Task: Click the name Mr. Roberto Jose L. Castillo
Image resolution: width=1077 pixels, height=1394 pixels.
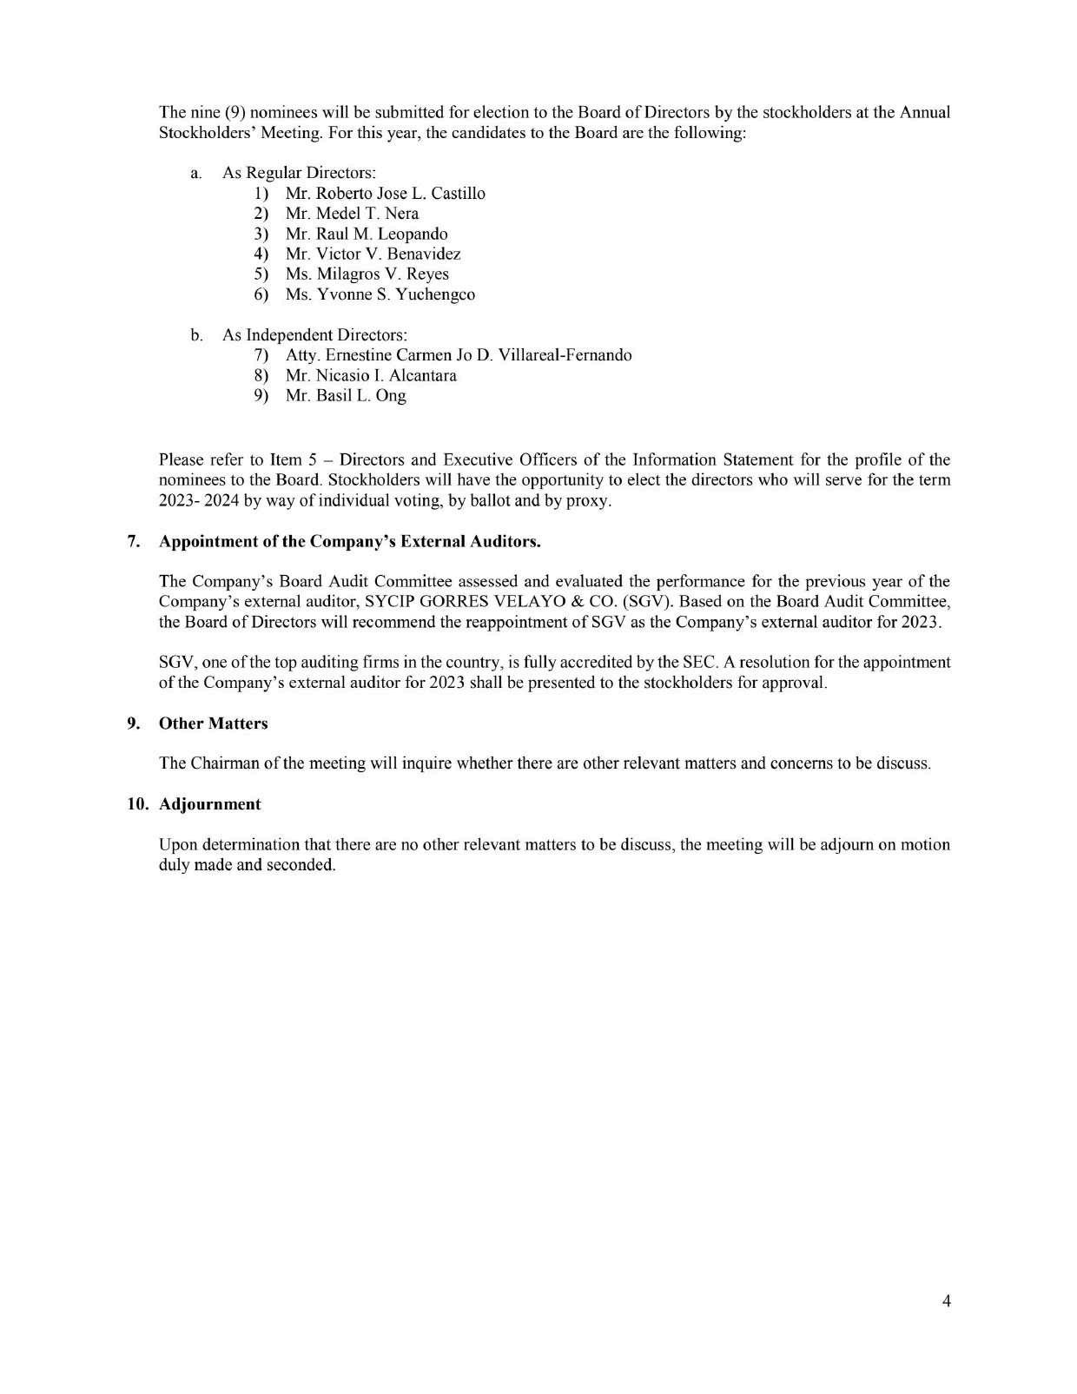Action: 385,194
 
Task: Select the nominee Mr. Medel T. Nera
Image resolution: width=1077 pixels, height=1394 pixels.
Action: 352,214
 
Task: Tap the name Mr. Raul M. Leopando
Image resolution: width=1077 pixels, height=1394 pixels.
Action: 366,234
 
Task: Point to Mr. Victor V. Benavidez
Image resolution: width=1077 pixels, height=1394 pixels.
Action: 373,254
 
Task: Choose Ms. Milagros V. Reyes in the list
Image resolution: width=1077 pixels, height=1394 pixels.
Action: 367,274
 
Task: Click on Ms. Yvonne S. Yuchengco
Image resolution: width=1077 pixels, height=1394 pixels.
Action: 380,294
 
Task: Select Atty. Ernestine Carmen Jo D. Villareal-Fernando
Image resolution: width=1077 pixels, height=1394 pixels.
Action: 458,355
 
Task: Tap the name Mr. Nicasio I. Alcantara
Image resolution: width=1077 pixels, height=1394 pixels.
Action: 371,375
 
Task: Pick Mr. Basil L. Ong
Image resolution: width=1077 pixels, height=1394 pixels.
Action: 346,396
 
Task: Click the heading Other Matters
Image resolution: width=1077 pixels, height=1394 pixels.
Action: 213,723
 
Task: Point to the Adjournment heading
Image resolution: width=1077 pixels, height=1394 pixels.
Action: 209,804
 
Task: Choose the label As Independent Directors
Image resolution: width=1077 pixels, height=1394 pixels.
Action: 314,334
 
